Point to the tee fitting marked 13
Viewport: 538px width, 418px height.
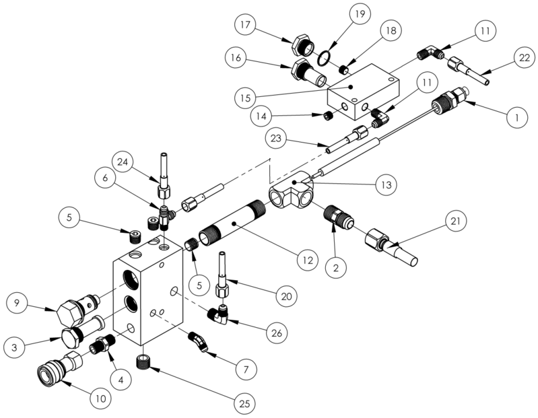[x=291, y=194]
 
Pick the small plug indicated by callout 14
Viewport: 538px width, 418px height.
[x=327, y=116]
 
